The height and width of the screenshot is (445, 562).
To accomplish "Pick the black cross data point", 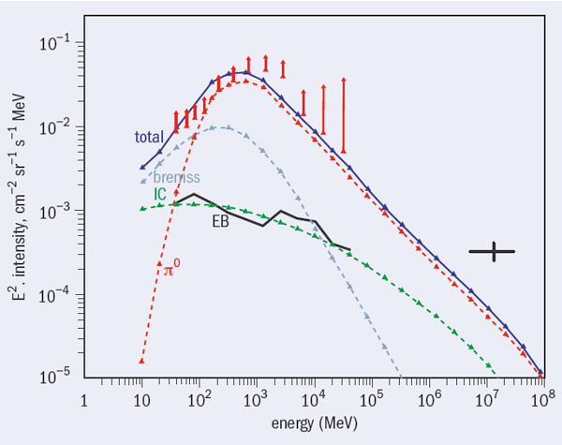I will (x=492, y=251).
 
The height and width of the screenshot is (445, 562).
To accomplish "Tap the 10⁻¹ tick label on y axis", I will (x=55, y=43).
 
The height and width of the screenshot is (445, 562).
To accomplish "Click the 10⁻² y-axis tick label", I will (x=55, y=126).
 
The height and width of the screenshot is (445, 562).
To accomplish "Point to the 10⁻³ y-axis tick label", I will (x=55, y=210).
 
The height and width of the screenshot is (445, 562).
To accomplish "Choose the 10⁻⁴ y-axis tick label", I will (x=55, y=293).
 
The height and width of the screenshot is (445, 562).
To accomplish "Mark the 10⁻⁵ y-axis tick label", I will (x=55, y=377).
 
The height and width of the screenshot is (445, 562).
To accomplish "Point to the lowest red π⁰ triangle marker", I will (x=141, y=361).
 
